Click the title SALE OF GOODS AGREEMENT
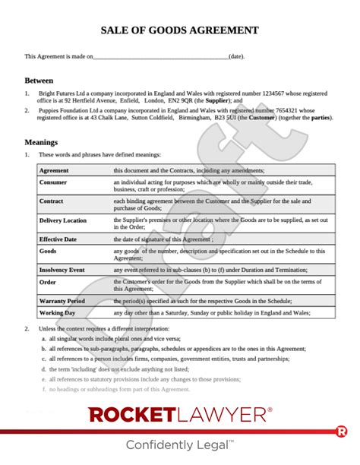point(179,30)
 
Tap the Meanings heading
point(43,142)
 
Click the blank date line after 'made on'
point(160,56)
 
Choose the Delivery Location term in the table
point(63,220)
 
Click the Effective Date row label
point(59,239)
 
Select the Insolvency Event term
point(63,269)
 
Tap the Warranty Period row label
point(62,301)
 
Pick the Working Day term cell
point(57,312)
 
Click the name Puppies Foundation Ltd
point(68,109)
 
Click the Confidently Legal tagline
point(179,445)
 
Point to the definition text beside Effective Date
point(163,239)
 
